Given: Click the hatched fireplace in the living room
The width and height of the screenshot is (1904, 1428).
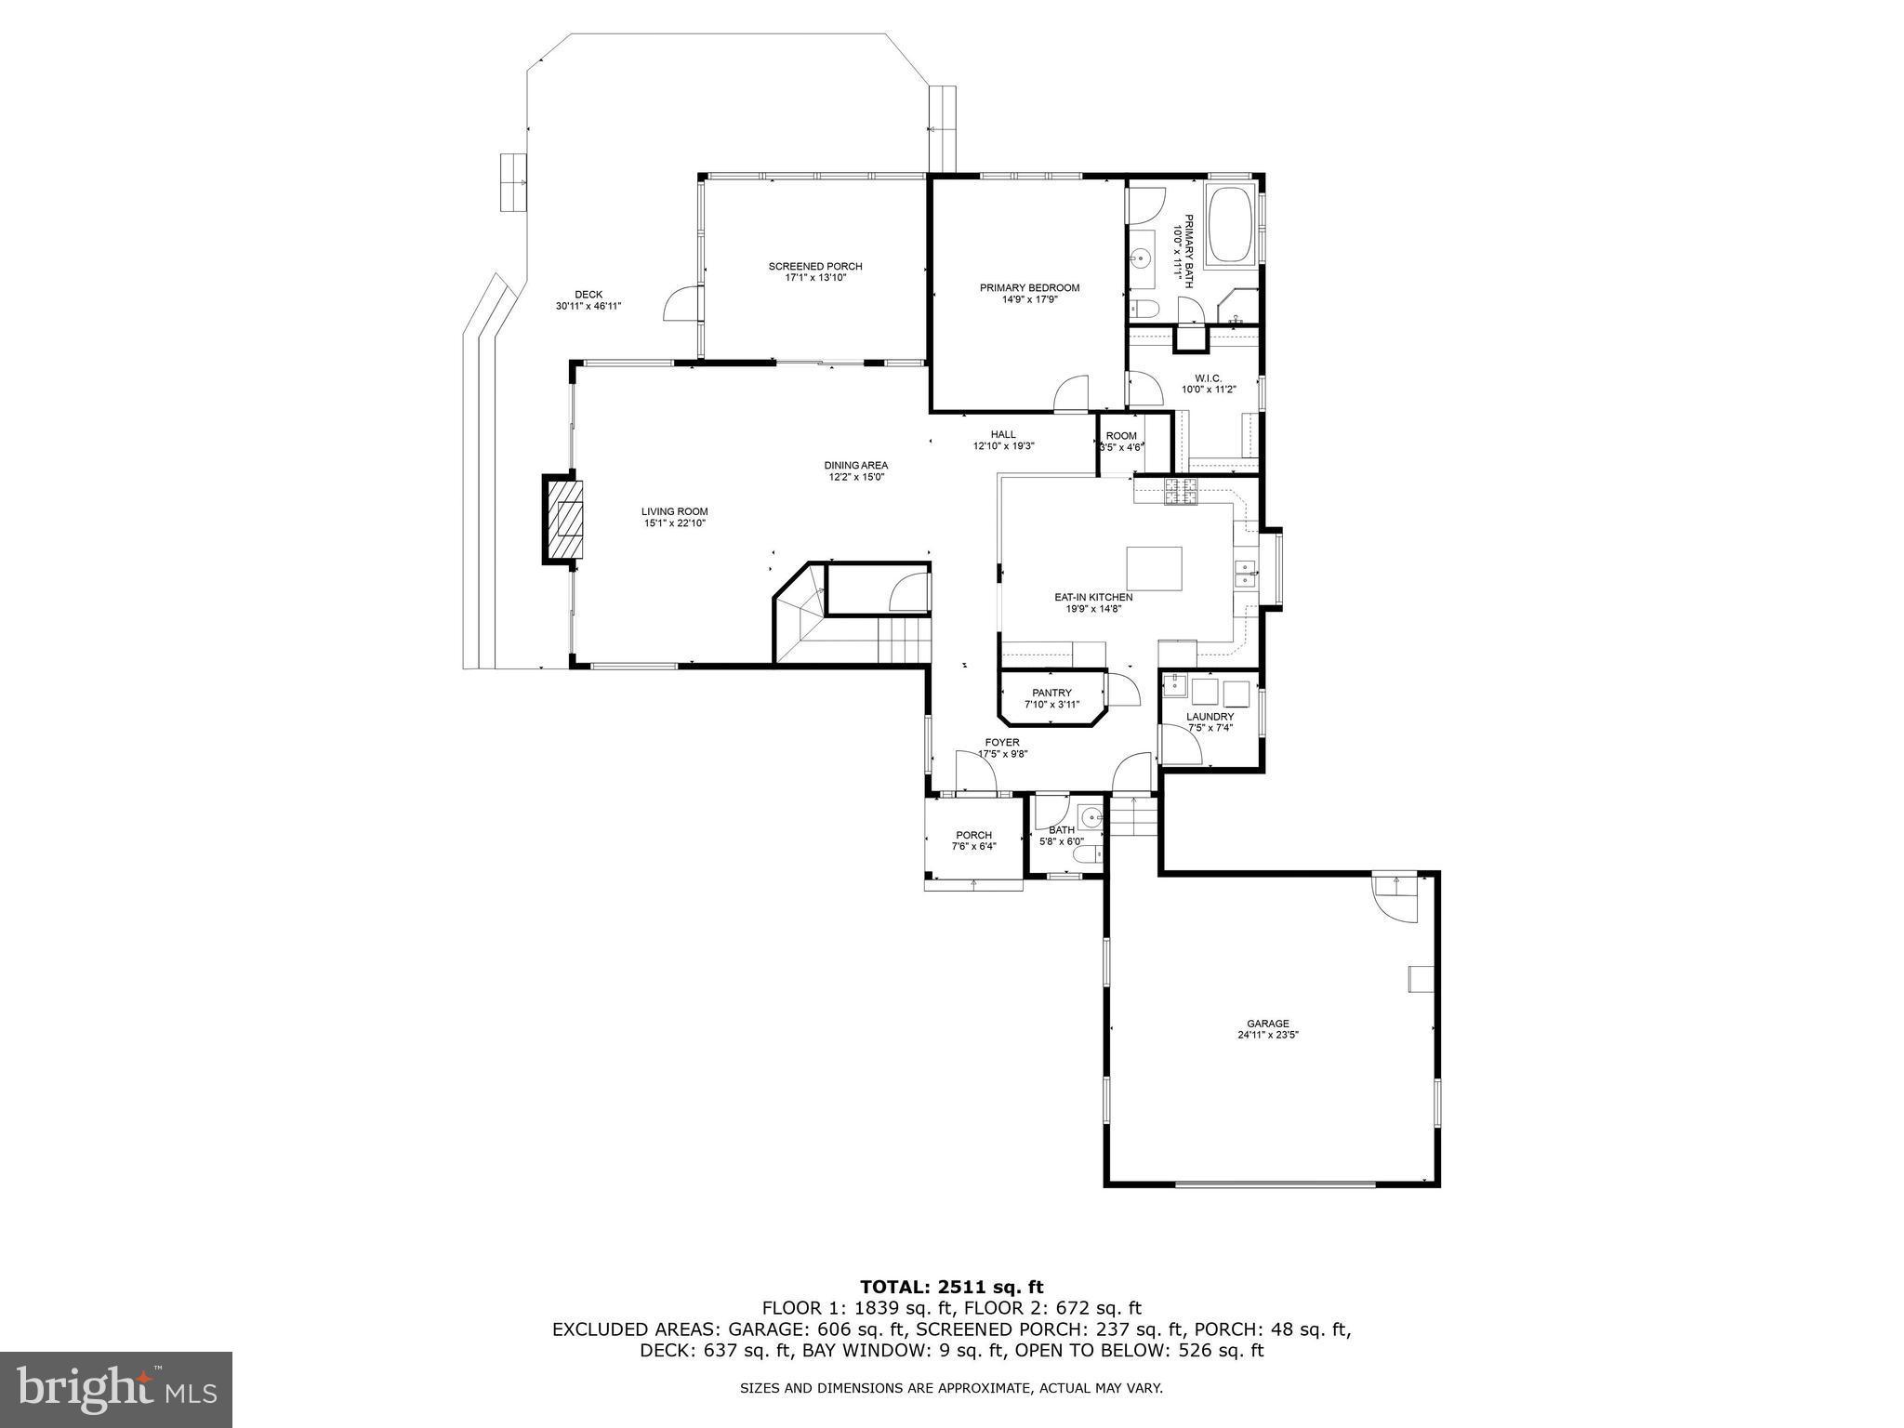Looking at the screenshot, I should point(564,520).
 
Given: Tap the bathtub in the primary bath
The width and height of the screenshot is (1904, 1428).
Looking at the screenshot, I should point(1229,226).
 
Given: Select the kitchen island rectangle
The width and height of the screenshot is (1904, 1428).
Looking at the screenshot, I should point(1154,569).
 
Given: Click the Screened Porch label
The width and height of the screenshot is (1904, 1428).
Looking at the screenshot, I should point(814,267).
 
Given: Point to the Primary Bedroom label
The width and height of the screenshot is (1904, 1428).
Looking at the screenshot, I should point(1029,288).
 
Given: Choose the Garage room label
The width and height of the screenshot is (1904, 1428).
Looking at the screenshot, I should point(1267,1024).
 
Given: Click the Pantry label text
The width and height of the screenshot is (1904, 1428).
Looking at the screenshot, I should point(1051,693).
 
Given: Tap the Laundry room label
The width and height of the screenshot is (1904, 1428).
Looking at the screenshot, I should point(1210,717).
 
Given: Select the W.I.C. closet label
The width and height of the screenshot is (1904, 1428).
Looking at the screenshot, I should point(1208,378).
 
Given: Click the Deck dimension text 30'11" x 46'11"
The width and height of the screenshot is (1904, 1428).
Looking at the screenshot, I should point(588,306).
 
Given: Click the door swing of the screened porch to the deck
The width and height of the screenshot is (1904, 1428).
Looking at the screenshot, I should point(681,305).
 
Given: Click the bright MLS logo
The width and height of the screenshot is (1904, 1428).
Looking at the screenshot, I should point(116,1389).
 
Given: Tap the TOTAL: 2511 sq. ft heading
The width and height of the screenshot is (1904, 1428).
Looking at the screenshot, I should point(951,1288).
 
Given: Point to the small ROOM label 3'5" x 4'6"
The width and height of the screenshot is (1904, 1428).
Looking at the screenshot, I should point(1120,436).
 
